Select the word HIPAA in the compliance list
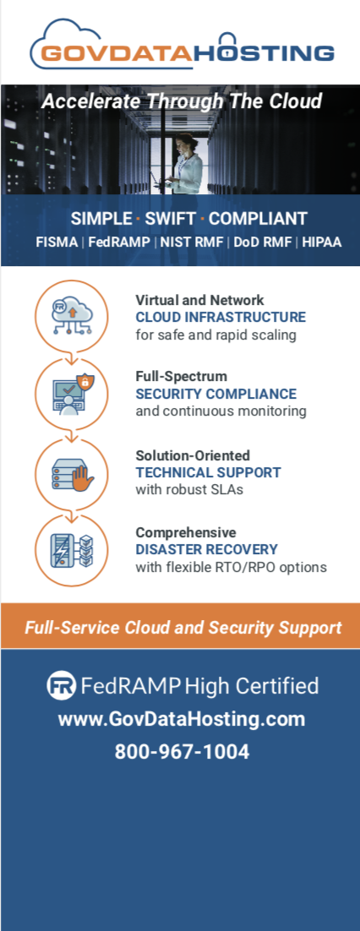coord(322,242)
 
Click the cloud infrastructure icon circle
coord(72,317)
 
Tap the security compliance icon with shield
coord(72,393)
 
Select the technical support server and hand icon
coord(72,473)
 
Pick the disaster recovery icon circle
coord(72,551)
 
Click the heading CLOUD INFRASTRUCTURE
coord(221,318)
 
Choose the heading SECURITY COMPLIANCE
coord(215,394)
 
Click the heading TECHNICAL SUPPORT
coord(208,472)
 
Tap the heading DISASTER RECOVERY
coord(207,549)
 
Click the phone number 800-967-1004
coord(182,752)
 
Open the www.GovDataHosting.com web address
coord(181,719)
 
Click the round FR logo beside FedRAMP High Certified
coord(61,686)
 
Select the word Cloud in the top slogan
coord(295,101)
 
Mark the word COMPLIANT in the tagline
coord(258,219)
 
